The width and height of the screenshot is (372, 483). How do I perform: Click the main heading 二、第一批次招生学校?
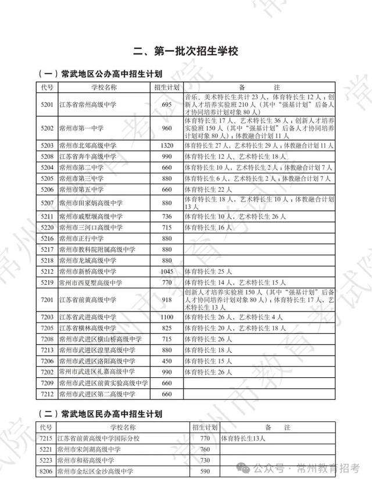pyautogui.click(x=185, y=51)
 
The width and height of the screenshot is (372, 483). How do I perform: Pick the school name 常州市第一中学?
pyautogui.click(x=85, y=127)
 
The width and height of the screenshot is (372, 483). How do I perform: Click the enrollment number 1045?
pyautogui.click(x=167, y=271)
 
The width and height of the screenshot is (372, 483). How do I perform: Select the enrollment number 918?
pyautogui.click(x=167, y=299)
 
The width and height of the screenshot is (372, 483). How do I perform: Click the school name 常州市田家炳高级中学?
pyautogui.click(x=91, y=203)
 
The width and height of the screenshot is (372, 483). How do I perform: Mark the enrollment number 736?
pyautogui.click(x=167, y=216)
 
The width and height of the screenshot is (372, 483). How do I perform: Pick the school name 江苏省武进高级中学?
pyautogui.click(x=87, y=317)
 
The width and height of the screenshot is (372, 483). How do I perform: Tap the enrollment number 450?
pyautogui.click(x=167, y=361)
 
